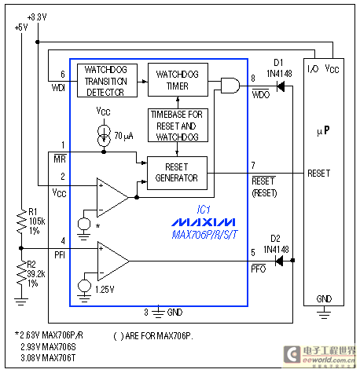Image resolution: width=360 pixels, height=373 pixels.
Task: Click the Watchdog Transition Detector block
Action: point(106,81)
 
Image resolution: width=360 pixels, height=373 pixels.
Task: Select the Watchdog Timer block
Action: point(179,79)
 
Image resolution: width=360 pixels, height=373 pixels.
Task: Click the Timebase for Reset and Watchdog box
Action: point(179,125)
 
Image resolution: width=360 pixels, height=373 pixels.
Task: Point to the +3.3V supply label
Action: point(36,16)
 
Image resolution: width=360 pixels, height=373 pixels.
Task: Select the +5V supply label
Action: point(20,26)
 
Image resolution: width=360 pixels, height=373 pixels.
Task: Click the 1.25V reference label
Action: point(105,290)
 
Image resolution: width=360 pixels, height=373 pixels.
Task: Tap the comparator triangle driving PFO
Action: point(112,257)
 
